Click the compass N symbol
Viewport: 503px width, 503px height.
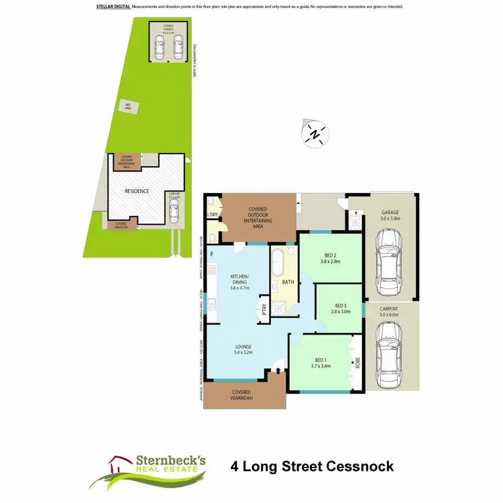click(x=314, y=134)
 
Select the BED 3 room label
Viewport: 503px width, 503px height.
click(x=339, y=308)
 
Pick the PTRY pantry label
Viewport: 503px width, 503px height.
click(x=264, y=310)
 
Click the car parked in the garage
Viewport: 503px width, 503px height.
click(x=388, y=252)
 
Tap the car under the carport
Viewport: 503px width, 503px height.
click(x=388, y=349)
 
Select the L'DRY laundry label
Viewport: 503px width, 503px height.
click(x=213, y=215)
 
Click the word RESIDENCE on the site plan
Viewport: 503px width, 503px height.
click(x=136, y=191)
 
